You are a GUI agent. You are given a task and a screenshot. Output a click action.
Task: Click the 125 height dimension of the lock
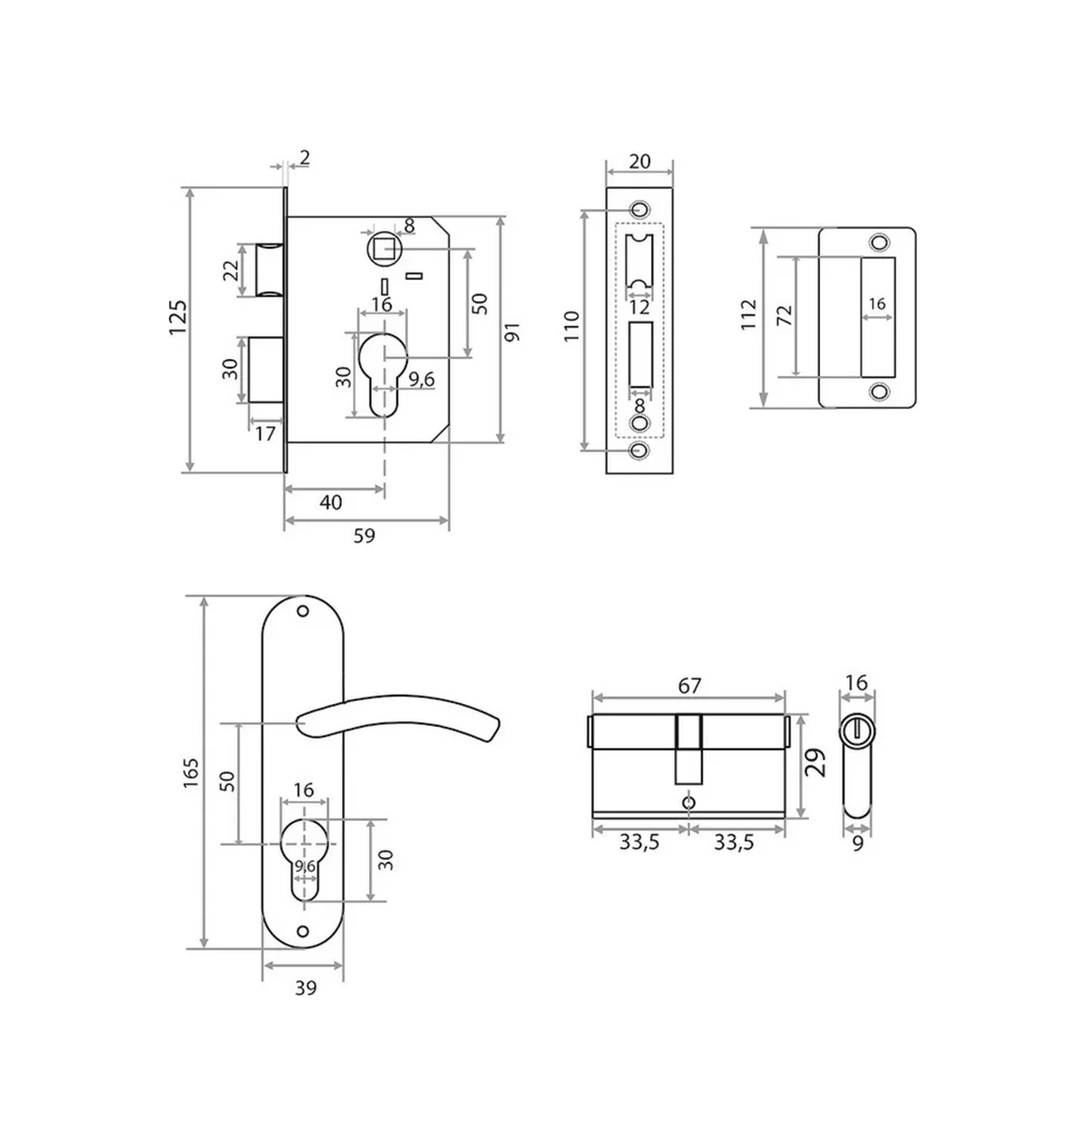pyautogui.click(x=178, y=317)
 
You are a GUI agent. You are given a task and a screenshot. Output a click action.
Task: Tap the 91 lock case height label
pyautogui.click(x=511, y=332)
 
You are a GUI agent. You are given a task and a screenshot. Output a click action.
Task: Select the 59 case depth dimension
pyautogui.click(x=364, y=535)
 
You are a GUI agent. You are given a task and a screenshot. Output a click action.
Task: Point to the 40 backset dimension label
pyautogui.click(x=330, y=502)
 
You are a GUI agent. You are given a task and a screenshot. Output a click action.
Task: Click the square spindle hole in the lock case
pyautogui.click(x=383, y=249)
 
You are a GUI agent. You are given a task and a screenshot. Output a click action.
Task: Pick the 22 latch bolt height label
pyautogui.click(x=231, y=270)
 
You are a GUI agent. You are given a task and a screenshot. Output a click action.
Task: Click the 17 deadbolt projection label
pyautogui.click(x=264, y=434)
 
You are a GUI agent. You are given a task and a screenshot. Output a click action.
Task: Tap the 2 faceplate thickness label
pyautogui.click(x=305, y=157)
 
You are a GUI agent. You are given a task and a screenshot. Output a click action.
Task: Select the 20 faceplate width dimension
pyautogui.click(x=639, y=161)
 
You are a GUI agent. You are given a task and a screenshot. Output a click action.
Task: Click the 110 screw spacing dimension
pyautogui.click(x=572, y=327)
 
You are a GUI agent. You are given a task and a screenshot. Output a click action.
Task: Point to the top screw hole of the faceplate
pyautogui.click(x=640, y=209)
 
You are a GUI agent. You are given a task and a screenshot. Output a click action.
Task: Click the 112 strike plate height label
pyautogui.click(x=748, y=315)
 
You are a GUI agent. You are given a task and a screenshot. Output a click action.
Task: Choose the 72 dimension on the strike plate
pyautogui.click(x=785, y=315)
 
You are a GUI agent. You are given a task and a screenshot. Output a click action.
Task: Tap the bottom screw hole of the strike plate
pyautogui.click(x=879, y=391)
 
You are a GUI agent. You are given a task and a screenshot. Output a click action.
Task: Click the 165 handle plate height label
pyautogui.click(x=190, y=773)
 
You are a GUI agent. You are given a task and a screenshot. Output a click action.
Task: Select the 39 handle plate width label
pyautogui.click(x=305, y=988)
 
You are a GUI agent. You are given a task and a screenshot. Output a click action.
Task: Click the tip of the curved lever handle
pyautogui.click(x=493, y=731)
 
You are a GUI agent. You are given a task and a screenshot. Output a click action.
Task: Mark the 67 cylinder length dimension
pyautogui.click(x=689, y=686)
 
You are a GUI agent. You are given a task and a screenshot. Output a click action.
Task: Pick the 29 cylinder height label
pyautogui.click(x=816, y=762)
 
